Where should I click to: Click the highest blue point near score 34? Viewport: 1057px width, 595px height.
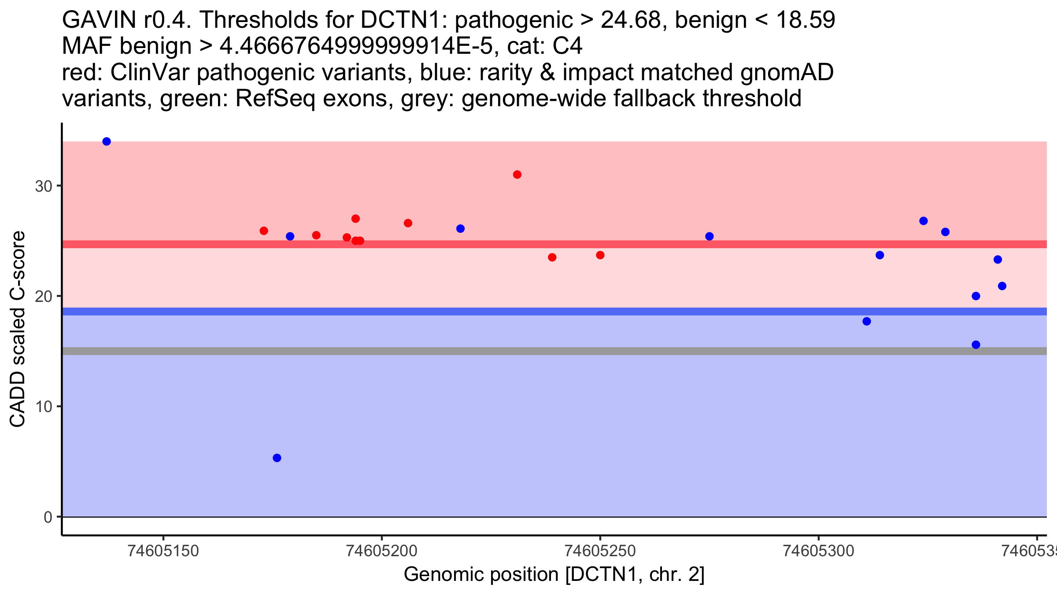coord(107,141)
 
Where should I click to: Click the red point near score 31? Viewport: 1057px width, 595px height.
coord(517,175)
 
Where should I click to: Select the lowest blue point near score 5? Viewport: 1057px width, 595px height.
coord(277,458)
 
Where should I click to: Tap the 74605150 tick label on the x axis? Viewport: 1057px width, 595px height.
coord(163,551)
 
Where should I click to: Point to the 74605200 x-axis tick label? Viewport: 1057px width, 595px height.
coord(382,551)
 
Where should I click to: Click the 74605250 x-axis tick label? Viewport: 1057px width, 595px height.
coord(600,551)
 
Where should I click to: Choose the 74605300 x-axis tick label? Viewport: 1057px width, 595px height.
coord(819,551)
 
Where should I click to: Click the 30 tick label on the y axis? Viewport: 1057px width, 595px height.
coord(44,186)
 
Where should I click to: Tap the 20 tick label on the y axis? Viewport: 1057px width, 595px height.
coord(44,296)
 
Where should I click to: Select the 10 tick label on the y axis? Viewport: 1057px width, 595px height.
coord(44,406)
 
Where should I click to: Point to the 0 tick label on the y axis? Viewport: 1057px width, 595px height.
coord(48,517)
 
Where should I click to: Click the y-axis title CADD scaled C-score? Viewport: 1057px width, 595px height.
coord(18,329)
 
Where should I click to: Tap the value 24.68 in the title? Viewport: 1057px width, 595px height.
coord(631,20)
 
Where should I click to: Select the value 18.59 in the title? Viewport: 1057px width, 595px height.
coord(805,20)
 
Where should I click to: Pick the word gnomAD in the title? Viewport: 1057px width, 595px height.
coord(787,72)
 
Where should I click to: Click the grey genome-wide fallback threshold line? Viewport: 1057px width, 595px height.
coord(554,351)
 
